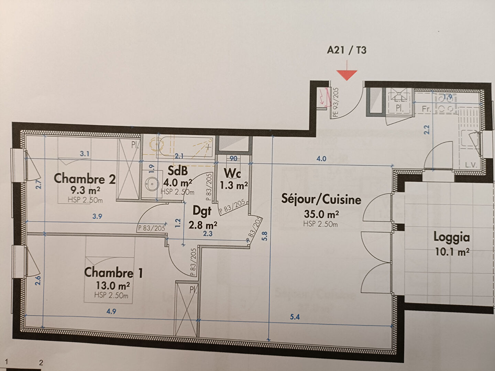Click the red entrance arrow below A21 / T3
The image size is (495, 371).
pyautogui.click(x=346, y=74)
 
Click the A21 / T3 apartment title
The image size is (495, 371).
pyautogui.click(x=346, y=50)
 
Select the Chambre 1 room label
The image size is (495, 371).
pyautogui.click(x=113, y=272)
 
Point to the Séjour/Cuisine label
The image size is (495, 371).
pyautogui.click(x=321, y=199)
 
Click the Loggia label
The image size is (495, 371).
pyautogui.click(x=451, y=237)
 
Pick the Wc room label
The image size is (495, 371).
pyautogui.click(x=232, y=173)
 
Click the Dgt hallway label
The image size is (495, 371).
pyautogui.click(x=202, y=211)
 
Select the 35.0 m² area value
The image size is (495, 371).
pyautogui.click(x=321, y=214)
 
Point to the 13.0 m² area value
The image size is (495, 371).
pyautogui.click(x=112, y=285)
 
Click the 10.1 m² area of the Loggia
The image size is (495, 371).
pyautogui.click(x=452, y=252)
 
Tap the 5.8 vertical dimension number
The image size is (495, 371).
pyautogui.click(x=264, y=237)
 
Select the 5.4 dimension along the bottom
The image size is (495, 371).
pyautogui.click(x=295, y=317)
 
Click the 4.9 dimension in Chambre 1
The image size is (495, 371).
pyautogui.click(x=111, y=312)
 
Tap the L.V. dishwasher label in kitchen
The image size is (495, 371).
pyautogui.click(x=471, y=165)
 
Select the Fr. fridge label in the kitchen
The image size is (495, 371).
pyautogui.click(x=426, y=109)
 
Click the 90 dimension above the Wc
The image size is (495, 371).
pyautogui.click(x=233, y=158)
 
